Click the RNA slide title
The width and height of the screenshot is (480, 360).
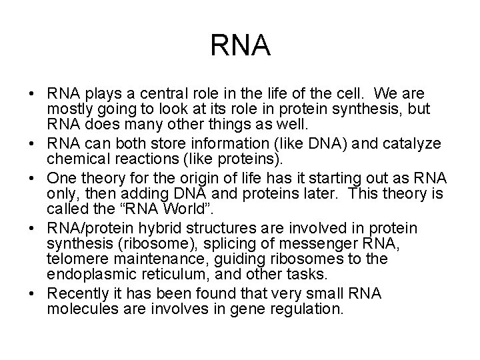tap(240, 46)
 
